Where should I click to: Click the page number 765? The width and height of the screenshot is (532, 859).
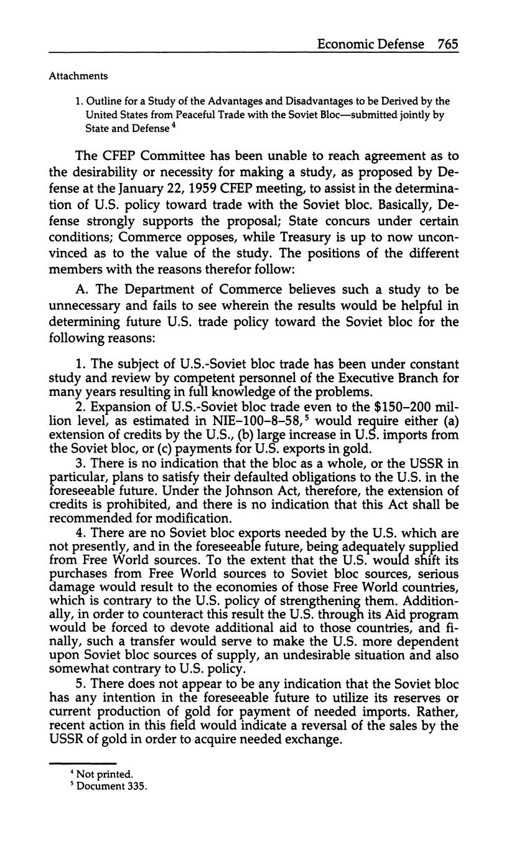point(448,44)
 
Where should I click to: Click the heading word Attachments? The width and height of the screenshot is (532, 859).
point(78,76)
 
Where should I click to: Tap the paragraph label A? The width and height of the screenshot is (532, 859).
point(81,289)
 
